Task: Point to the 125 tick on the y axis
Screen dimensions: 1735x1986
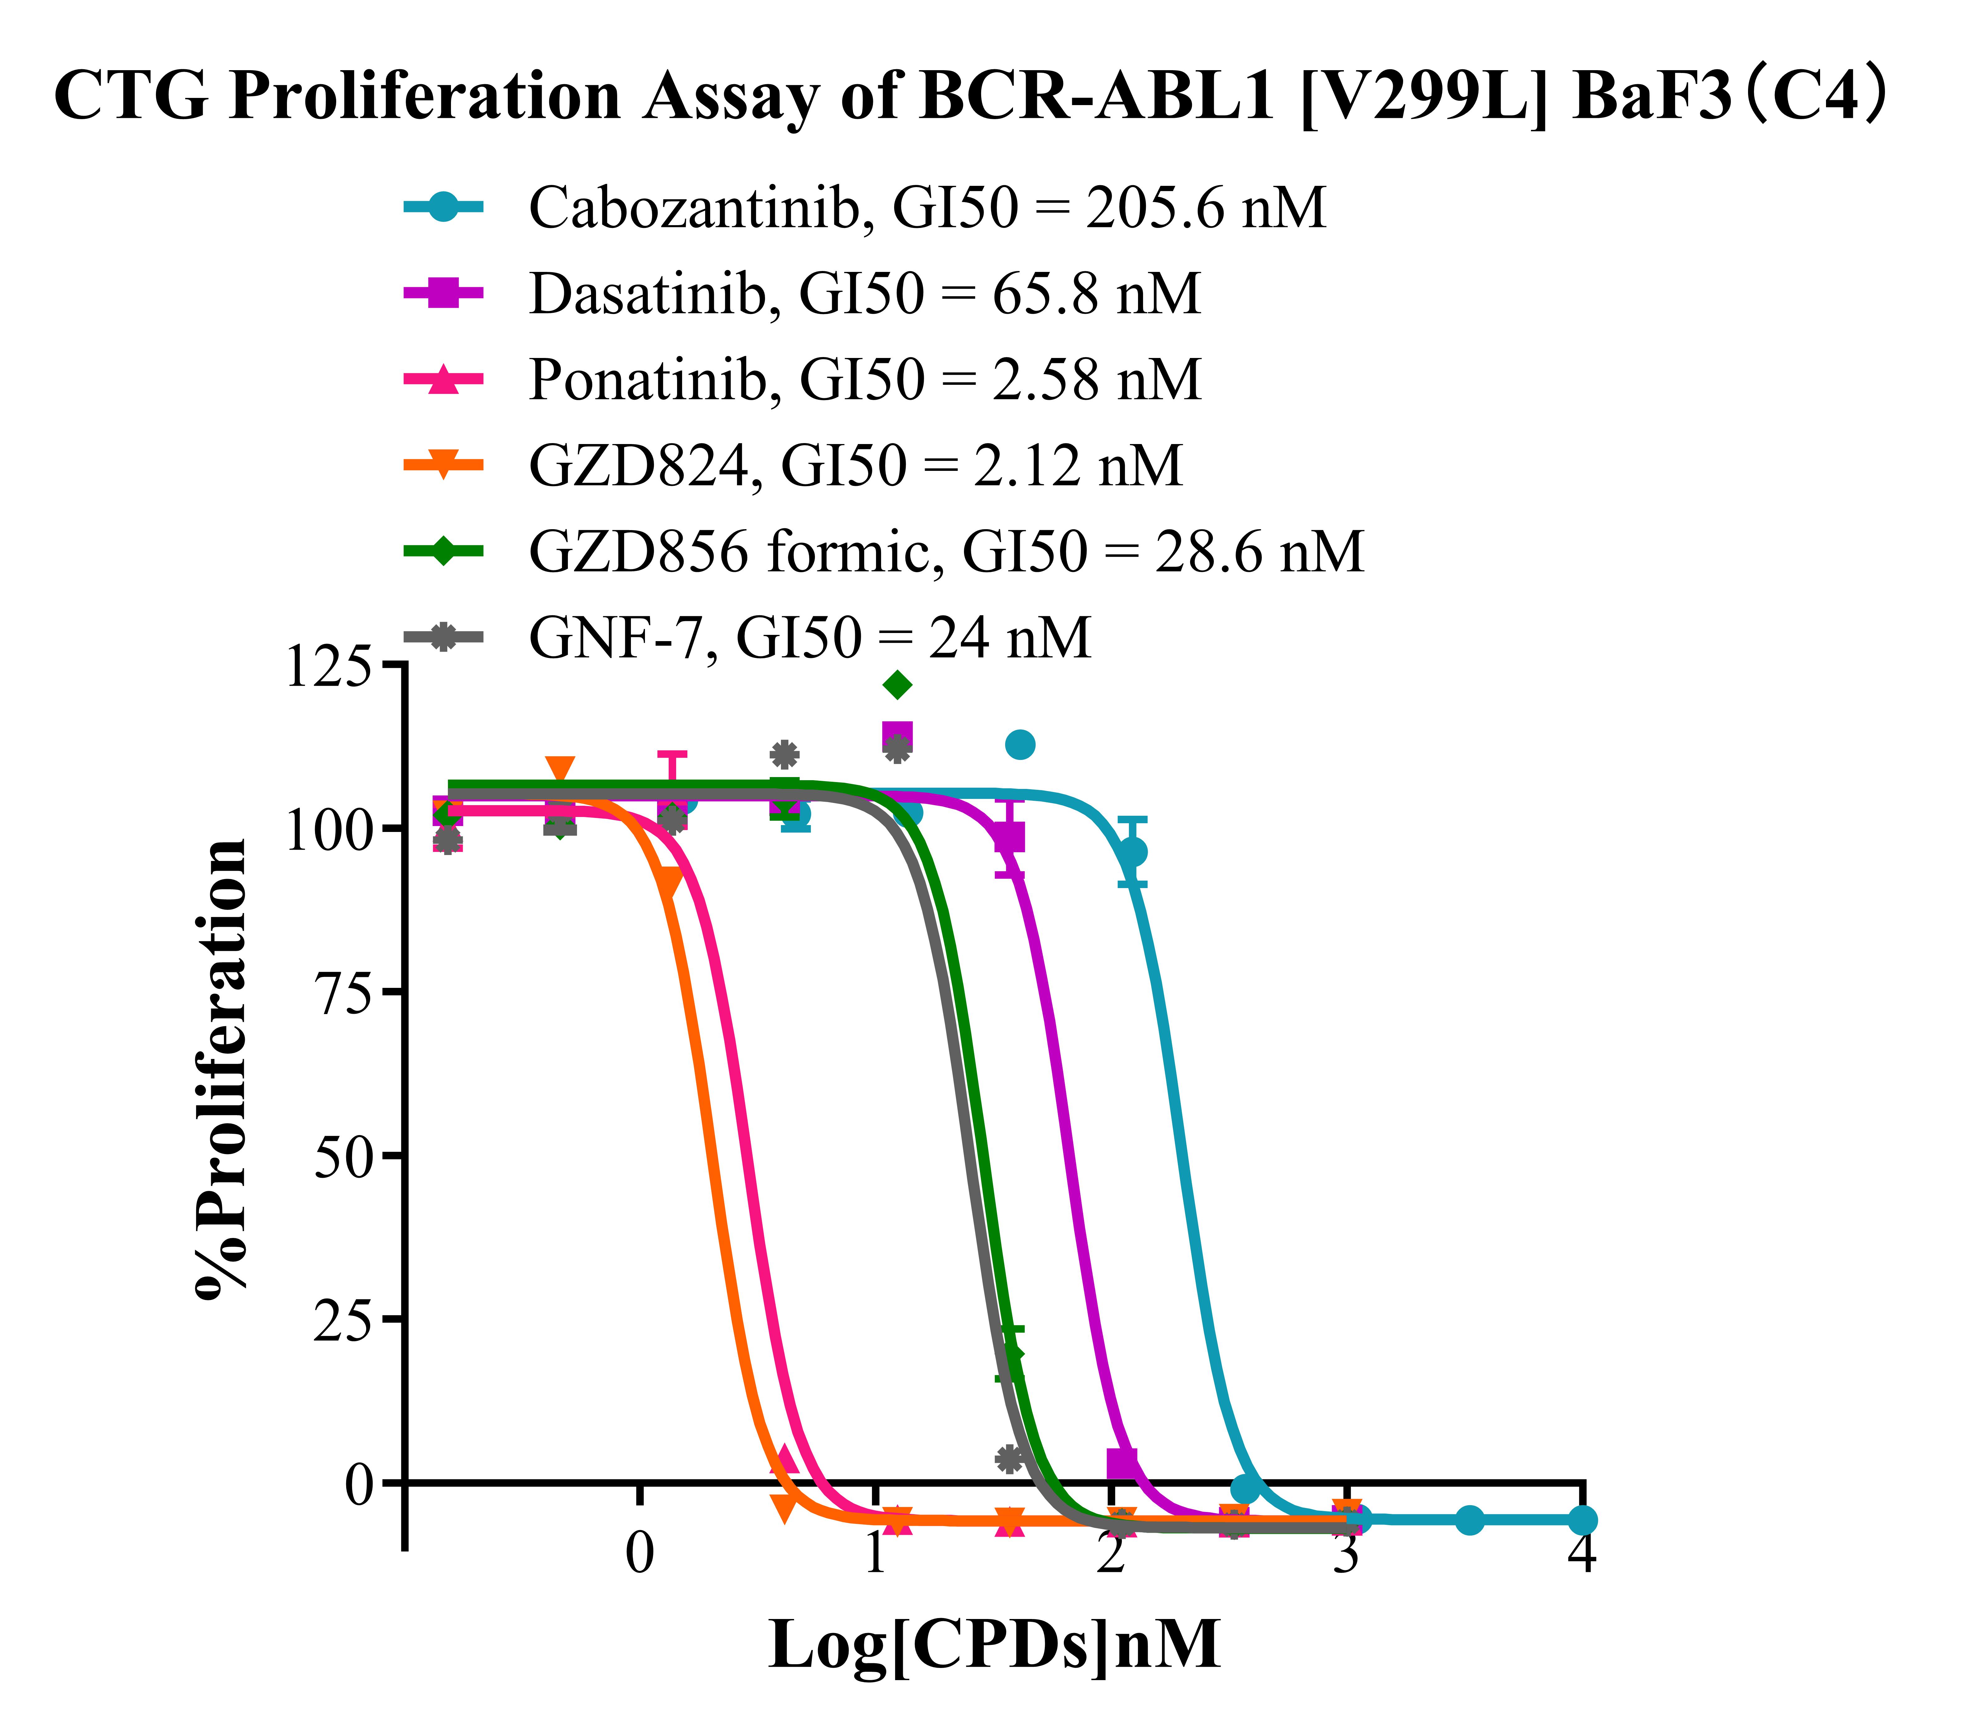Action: pos(327,667)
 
